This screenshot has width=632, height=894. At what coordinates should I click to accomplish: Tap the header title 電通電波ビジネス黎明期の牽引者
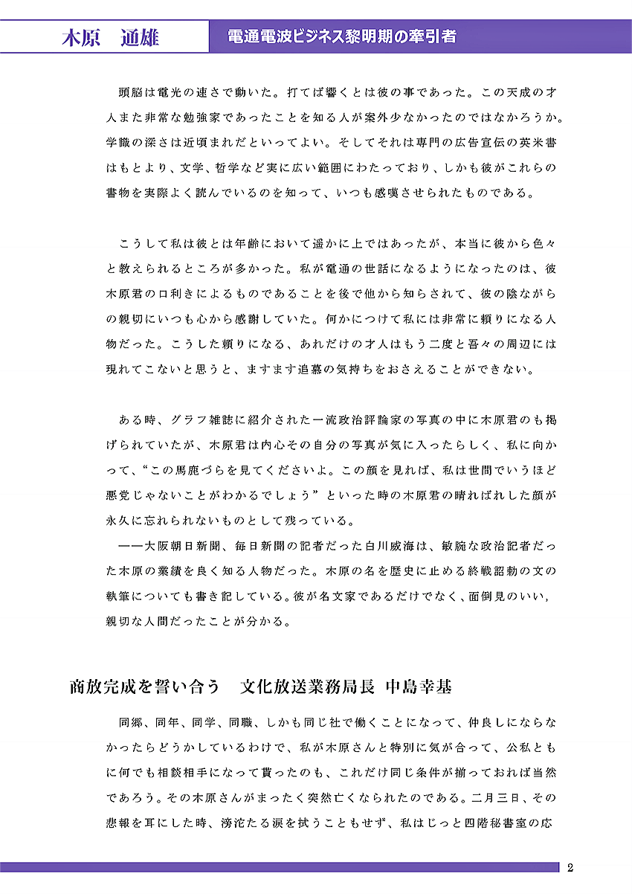point(344,36)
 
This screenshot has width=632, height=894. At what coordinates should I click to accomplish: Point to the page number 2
point(570,867)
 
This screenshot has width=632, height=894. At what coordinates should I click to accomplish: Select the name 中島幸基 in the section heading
point(419,686)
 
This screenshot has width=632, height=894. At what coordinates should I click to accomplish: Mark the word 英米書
point(538,143)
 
